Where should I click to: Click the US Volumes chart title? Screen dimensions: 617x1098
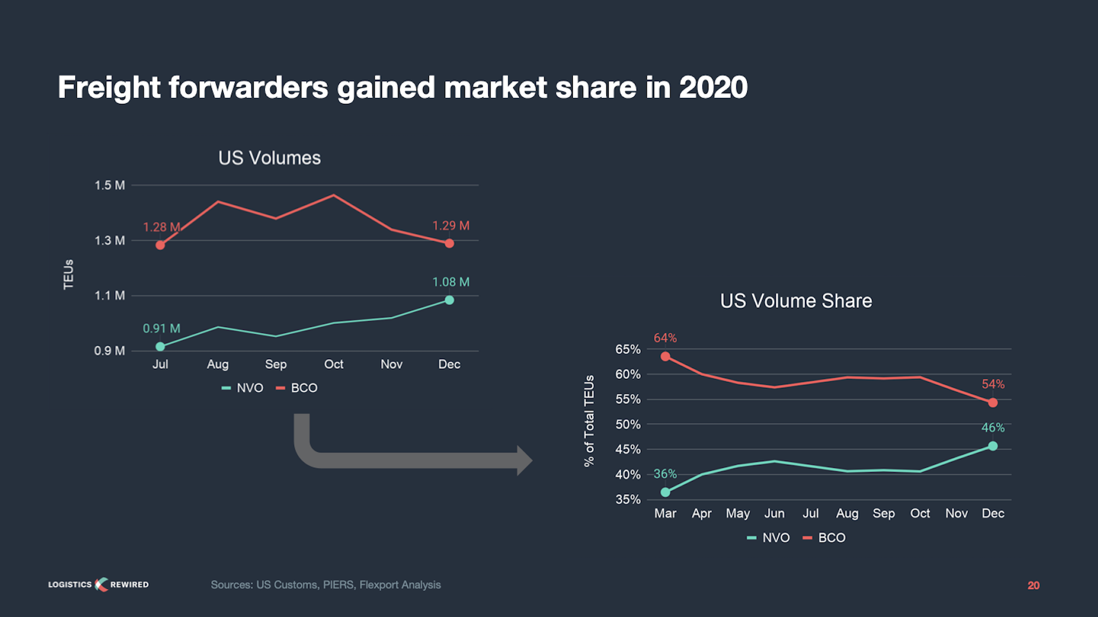point(269,158)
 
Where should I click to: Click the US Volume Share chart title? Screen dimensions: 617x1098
point(795,301)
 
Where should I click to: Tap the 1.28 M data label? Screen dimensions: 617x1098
point(161,227)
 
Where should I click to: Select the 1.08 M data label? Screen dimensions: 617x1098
point(451,282)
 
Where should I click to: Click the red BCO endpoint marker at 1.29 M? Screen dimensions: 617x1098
point(449,243)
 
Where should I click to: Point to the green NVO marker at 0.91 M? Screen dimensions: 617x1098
point(160,347)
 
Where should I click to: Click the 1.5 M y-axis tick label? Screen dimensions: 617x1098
point(110,186)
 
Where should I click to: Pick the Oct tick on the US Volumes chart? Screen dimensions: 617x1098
point(334,365)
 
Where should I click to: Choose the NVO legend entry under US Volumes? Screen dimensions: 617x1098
point(243,388)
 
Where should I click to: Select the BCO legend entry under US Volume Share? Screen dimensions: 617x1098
point(825,538)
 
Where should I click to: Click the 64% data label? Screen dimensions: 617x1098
point(665,338)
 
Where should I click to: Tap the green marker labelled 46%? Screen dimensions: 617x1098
point(992,446)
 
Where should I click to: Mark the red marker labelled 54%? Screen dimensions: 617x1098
point(992,403)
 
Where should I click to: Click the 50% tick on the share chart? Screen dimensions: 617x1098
point(628,425)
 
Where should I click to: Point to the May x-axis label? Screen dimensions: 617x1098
point(738,514)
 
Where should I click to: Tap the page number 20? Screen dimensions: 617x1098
point(1034,585)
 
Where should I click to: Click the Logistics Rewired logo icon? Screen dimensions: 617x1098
point(101,585)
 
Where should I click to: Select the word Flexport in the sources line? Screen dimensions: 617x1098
point(379,585)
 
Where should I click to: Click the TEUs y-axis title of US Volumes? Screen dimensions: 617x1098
point(69,274)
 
